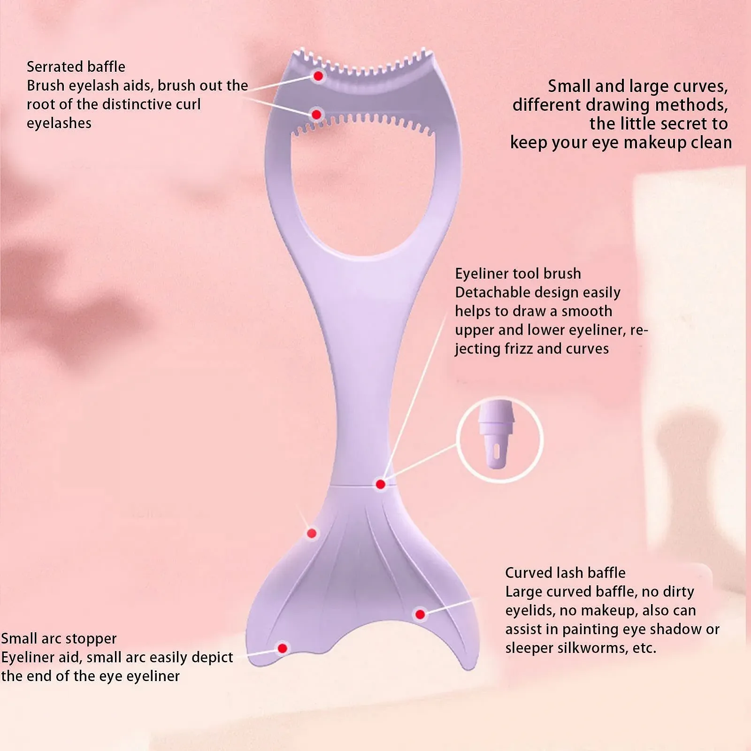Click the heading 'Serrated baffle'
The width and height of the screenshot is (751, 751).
[x=76, y=67]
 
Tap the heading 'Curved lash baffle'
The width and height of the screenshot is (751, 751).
[x=565, y=573]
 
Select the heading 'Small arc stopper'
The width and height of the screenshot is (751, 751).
[x=59, y=639]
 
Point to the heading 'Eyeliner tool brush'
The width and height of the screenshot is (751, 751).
[x=518, y=274]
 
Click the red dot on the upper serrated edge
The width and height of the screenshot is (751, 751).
[x=318, y=76]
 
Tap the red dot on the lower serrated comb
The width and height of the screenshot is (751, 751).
[x=316, y=115]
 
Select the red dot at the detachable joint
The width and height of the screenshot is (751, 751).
[x=381, y=484]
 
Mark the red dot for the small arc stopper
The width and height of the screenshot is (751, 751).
[x=282, y=648]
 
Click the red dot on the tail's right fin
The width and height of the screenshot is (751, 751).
[x=420, y=614]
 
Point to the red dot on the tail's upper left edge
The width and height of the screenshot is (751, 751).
[x=312, y=533]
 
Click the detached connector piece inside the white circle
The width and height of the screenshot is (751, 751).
[x=496, y=434]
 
